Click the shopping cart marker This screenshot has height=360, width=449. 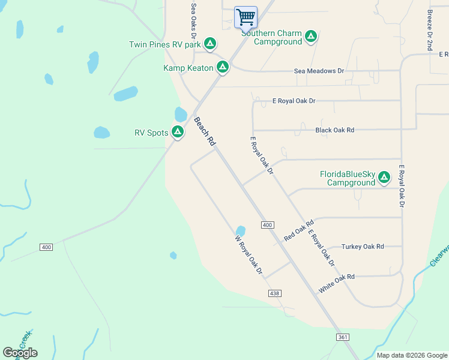[246, 17]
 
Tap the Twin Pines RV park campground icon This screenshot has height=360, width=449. [209, 44]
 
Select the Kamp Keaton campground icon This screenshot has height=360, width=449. [223, 67]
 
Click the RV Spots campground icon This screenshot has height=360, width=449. [177, 132]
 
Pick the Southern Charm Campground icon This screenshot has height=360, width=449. [310, 37]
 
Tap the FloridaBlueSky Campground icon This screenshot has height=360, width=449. [384, 178]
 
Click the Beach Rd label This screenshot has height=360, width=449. [204, 132]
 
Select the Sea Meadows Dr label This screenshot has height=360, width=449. [319, 71]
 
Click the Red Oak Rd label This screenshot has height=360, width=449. [299, 231]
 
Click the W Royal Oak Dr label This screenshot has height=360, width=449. [249, 255]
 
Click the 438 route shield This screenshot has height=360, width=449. [274, 293]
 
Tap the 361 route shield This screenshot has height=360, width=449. [342, 338]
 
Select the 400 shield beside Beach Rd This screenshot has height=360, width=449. [268, 225]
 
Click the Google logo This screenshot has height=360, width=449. [20, 353]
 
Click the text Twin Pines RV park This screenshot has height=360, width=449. [164, 44]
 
